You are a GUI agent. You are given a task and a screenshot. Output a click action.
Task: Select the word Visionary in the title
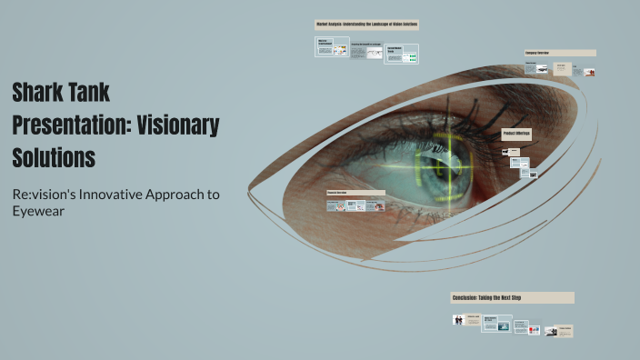178,125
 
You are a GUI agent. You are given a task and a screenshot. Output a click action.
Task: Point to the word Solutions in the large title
54,156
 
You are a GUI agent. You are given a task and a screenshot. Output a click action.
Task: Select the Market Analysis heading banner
366,25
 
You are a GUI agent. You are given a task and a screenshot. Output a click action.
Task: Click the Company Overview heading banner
560,53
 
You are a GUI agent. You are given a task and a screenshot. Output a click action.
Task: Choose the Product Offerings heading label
516,135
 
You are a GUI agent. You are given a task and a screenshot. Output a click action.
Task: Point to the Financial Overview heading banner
355,193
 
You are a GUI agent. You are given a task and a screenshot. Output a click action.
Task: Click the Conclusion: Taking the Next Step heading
512,297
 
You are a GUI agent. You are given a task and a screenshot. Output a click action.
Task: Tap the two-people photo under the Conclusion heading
458,320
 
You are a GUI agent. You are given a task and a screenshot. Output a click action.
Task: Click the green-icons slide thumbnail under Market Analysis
411,57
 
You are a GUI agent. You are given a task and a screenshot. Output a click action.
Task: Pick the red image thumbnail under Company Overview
589,71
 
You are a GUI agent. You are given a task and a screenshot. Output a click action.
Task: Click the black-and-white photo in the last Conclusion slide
551,331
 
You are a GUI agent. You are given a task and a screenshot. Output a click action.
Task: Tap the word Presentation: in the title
69,125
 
